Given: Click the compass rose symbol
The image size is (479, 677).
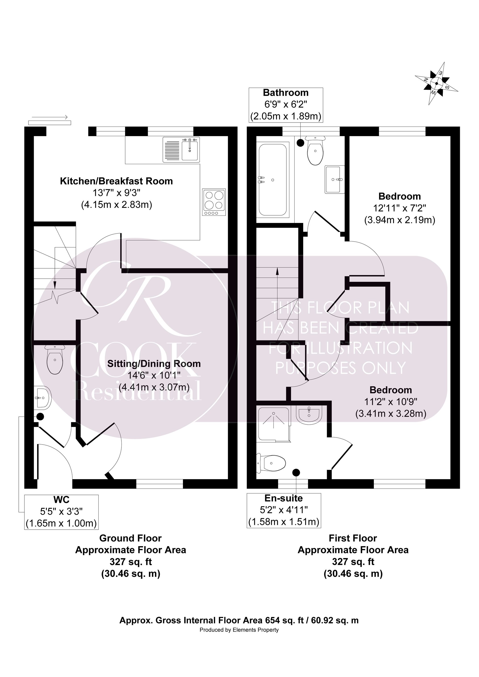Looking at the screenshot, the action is point(437,83).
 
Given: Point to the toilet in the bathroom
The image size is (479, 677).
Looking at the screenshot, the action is point(315,151).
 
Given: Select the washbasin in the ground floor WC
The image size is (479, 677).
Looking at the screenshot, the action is point(43,398).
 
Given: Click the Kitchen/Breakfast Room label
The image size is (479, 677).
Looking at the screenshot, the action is point(116,181).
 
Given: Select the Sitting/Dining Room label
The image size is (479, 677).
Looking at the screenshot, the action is point(154,364).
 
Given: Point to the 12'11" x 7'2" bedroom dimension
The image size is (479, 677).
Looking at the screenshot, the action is point(400,208).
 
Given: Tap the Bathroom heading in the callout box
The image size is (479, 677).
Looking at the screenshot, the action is point(286,93).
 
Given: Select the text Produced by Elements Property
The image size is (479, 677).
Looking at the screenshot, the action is point(239,630).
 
